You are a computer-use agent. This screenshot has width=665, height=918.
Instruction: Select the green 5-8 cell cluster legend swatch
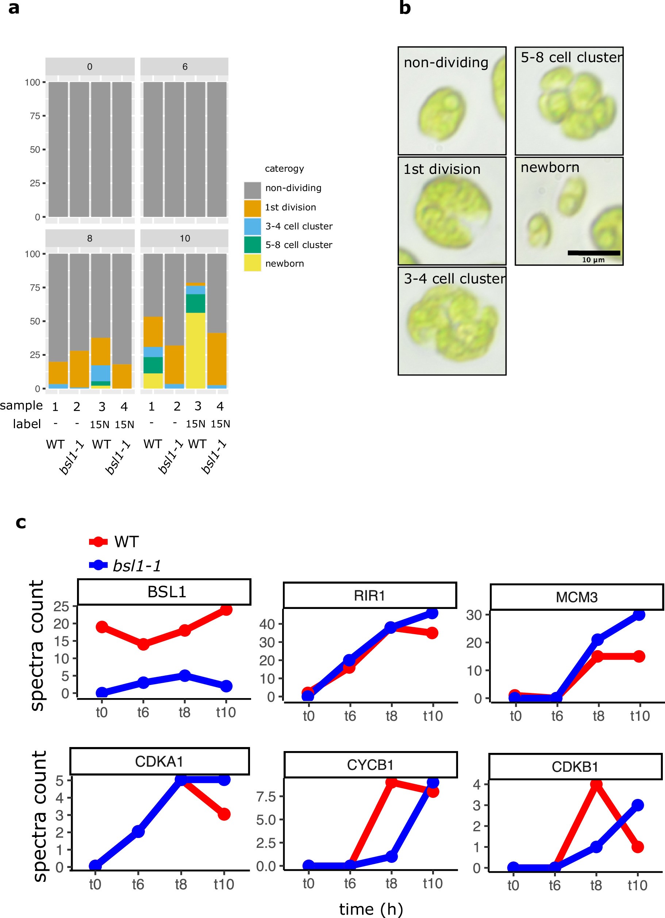[x=253, y=245]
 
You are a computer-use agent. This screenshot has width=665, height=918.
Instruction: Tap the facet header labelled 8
[x=90, y=239]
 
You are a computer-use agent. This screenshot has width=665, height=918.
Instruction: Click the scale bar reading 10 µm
[x=593, y=253]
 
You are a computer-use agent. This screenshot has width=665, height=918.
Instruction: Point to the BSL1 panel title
[x=167, y=592]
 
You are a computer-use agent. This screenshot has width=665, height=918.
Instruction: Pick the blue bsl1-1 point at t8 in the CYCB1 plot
[x=391, y=857]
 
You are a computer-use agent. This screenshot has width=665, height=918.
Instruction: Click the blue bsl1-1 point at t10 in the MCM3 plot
[x=639, y=614]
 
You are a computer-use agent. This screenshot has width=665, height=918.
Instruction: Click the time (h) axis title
[x=371, y=909]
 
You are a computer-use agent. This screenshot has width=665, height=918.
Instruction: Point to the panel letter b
[x=405, y=8]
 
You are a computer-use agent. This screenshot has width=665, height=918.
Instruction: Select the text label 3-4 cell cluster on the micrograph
[x=454, y=278]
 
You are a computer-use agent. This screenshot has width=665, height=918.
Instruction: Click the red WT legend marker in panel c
[x=98, y=542]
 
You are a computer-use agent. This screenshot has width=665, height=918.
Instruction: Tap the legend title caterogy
[x=284, y=169]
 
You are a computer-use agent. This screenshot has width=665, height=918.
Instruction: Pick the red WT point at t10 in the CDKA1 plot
[x=224, y=814]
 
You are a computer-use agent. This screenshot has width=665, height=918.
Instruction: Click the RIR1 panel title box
[x=370, y=595]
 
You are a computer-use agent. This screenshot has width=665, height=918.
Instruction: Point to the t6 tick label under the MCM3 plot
[x=557, y=716]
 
